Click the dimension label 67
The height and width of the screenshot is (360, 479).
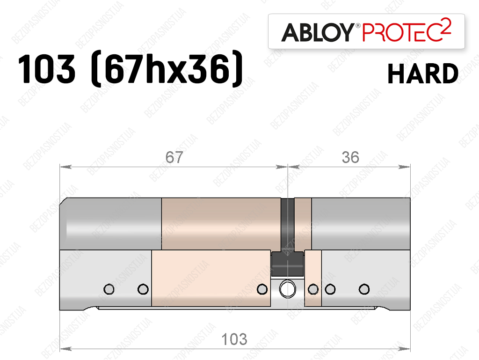click(x=174, y=157)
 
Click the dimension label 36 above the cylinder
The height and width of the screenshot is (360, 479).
click(x=350, y=157)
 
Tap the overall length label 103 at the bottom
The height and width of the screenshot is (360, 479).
click(x=234, y=339)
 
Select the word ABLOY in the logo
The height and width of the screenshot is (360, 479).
click(x=318, y=32)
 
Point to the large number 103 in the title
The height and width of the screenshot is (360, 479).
click(x=46, y=69)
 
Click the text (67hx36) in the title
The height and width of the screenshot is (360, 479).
click(x=167, y=69)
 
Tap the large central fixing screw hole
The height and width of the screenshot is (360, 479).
click(x=288, y=288)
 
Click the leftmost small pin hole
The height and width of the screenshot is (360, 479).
click(x=109, y=289)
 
